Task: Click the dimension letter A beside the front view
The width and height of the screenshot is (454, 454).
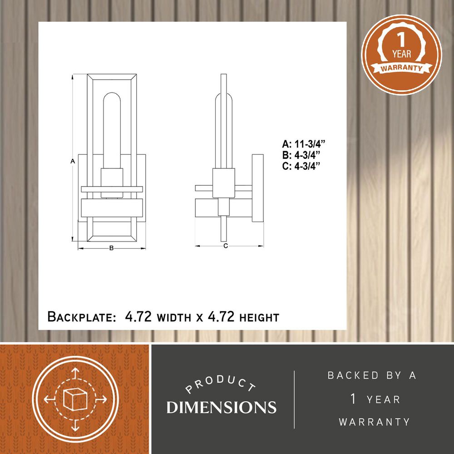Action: click(x=73, y=161)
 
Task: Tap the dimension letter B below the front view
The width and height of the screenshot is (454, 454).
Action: click(x=112, y=248)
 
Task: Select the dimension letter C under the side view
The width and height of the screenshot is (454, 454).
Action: click(x=226, y=246)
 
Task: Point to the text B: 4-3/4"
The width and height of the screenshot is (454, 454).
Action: click(x=301, y=155)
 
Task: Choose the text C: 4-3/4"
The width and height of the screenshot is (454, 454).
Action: click(x=301, y=166)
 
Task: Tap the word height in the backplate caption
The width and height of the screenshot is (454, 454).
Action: click(x=259, y=318)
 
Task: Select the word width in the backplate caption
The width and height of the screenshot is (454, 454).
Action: click(x=174, y=318)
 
